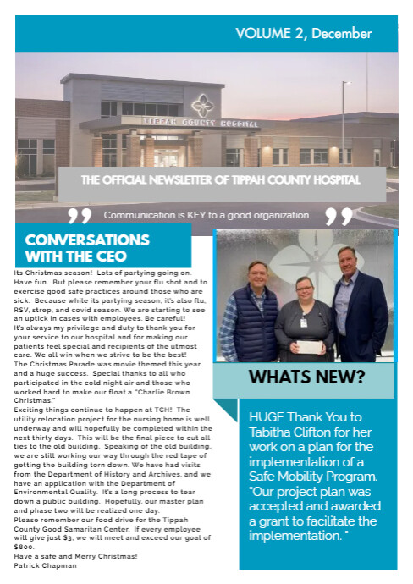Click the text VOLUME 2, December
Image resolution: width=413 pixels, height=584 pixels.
pyautogui.click(x=303, y=34)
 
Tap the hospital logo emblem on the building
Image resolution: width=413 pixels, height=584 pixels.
pyautogui.click(x=202, y=105)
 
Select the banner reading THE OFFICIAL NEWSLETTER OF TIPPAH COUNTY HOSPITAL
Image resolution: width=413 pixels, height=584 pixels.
pyautogui.click(x=221, y=179)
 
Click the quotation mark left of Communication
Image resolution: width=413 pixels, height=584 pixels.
pyautogui.click(x=80, y=218)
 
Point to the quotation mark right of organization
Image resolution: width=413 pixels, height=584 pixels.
pyautogui.click(x=339, y=218)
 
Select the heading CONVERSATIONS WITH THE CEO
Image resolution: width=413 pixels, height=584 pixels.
pyautogui.click(x=87, y=247)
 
